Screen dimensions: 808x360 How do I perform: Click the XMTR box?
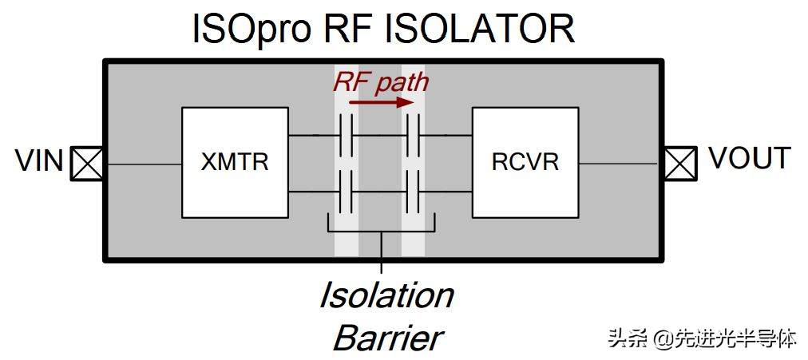[x=235, y=162]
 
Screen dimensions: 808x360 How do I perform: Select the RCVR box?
[x=525, y=162]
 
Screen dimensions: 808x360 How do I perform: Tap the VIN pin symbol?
[x=86, y=164]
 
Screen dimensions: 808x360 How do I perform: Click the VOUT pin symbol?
[x=680, y=164]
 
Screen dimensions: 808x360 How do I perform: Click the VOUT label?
[x=750, y=158]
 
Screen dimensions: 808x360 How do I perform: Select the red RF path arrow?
[x=382, y=102]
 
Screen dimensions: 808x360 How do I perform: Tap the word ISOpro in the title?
[x=252, y=28]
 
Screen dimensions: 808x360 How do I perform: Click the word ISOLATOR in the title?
[x=480, y=28]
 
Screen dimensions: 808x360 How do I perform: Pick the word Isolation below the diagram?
[x=386, y=295]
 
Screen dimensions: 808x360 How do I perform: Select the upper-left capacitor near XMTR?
[x=346, y=135]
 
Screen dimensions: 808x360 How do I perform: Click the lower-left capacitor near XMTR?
[x=346, y=192]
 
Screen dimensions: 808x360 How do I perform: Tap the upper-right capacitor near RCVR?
[x=414, y=135]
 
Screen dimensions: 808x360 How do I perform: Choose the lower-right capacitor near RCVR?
[x=414, y=192]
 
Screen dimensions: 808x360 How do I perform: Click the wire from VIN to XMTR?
[x=143, y=164]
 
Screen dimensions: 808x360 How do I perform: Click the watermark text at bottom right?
[x=702, y=338]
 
